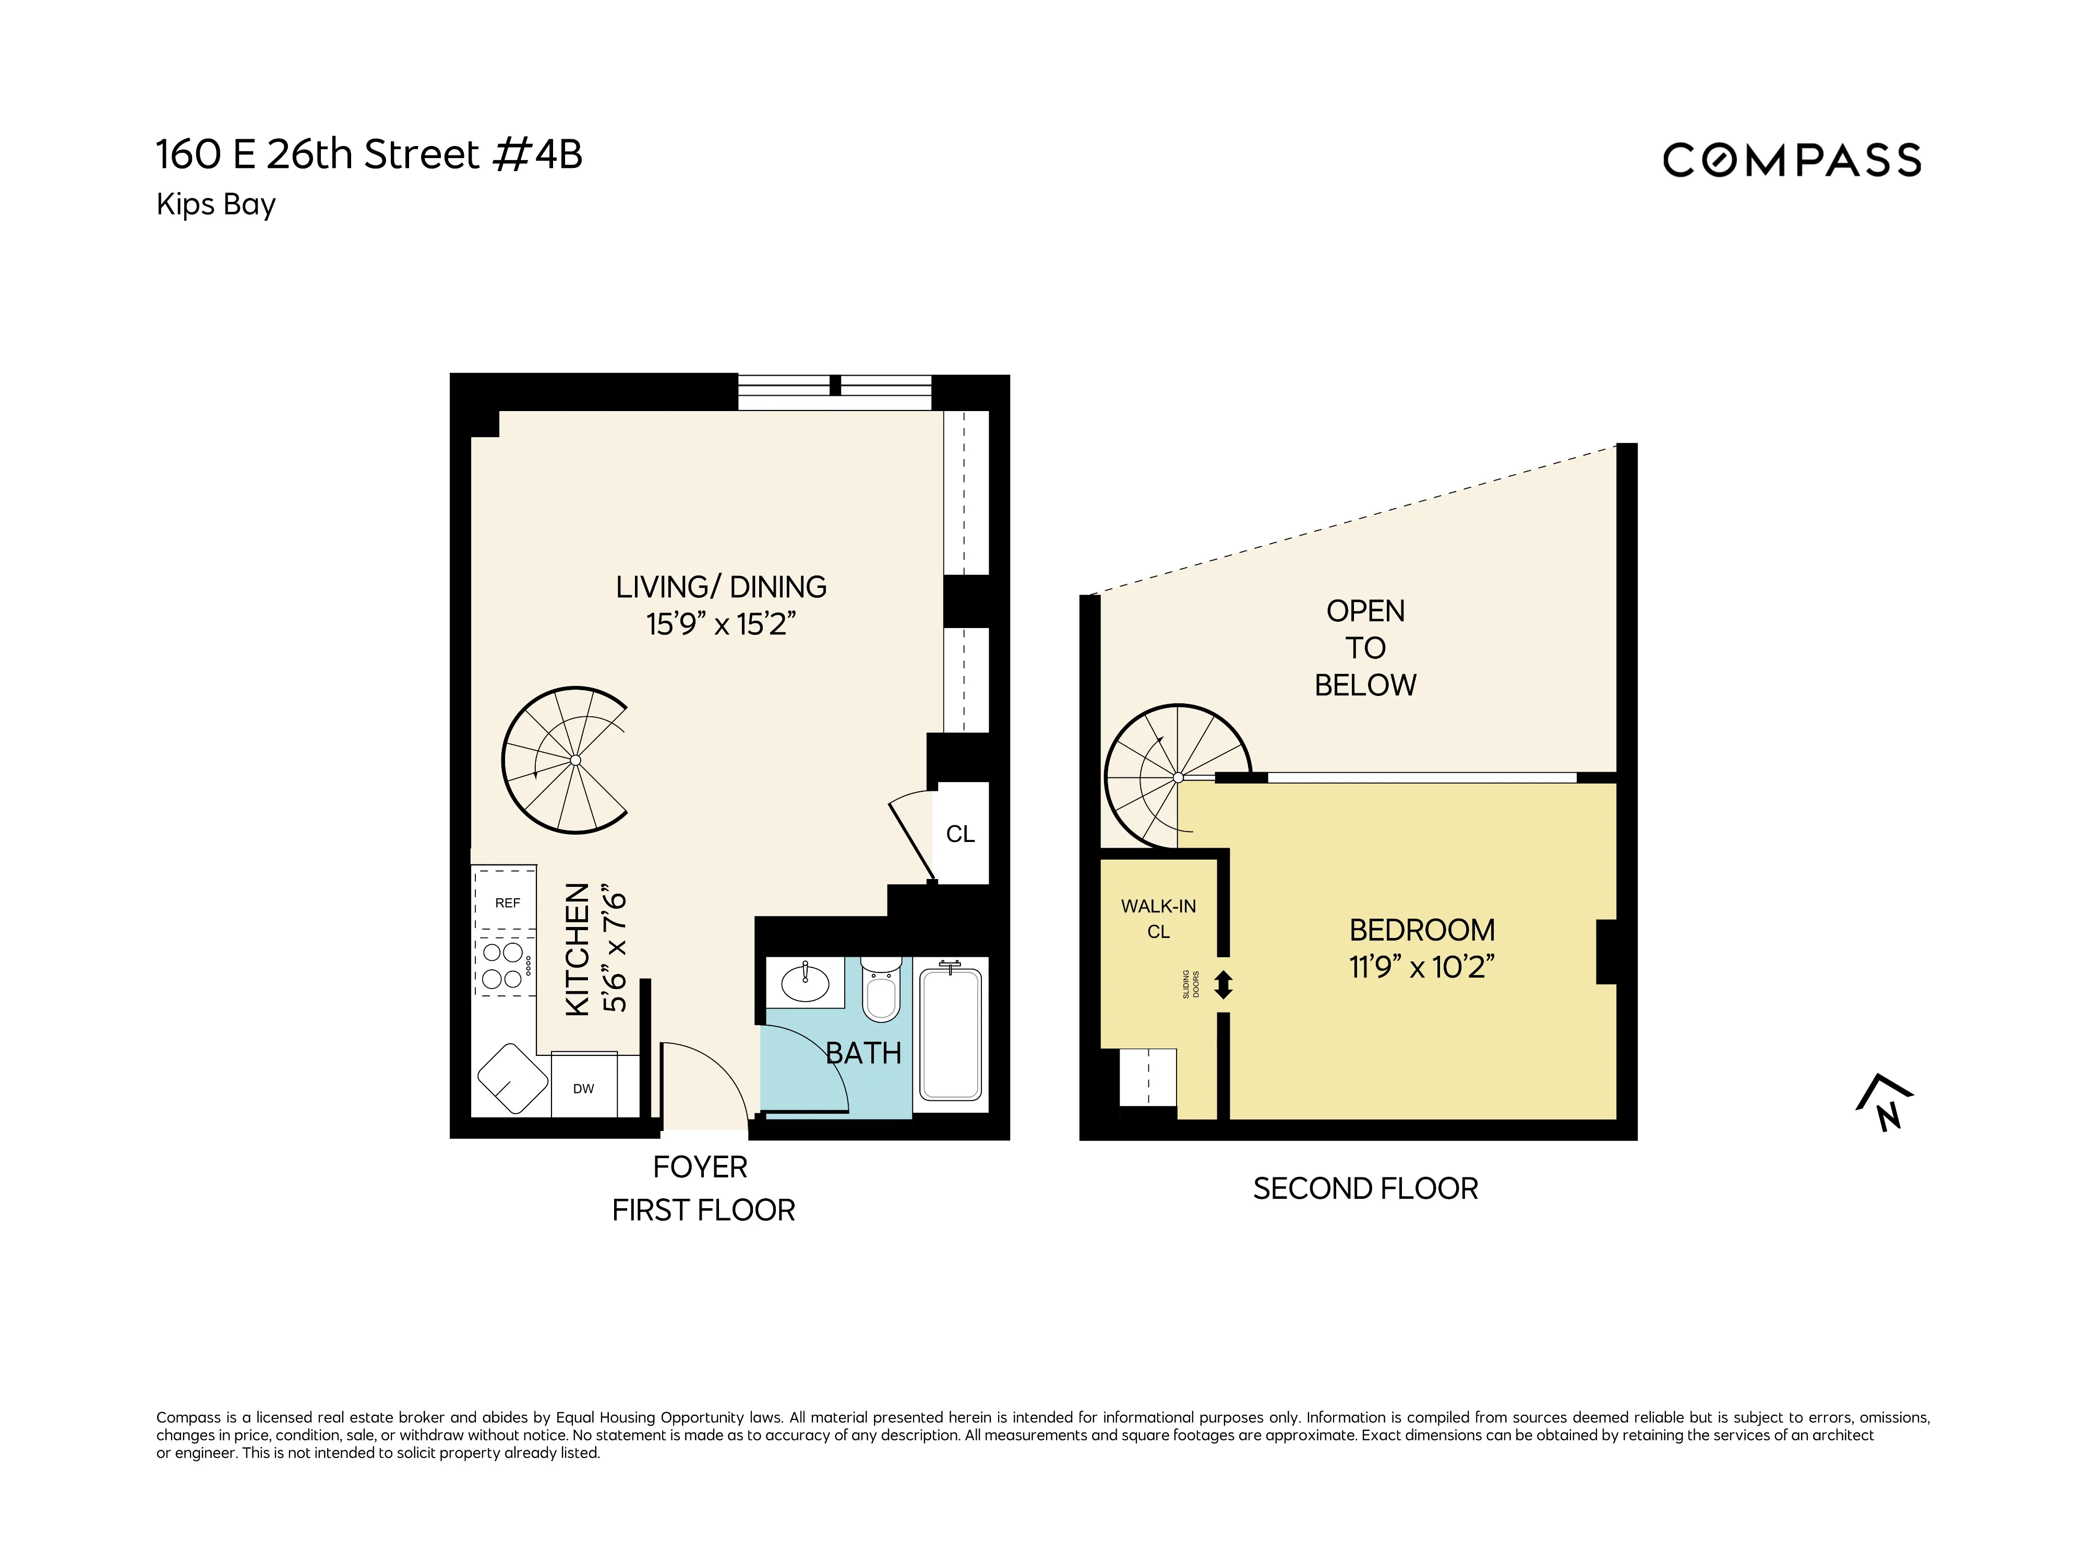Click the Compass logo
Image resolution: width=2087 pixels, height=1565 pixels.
[1791, 160]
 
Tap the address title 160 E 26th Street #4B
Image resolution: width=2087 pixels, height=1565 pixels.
[369, 155]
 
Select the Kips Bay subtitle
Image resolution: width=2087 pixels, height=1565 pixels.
[216, 204]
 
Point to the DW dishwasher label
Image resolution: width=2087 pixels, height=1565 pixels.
[583, 1089]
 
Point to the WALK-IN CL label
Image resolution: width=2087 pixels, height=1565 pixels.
[1159, 918]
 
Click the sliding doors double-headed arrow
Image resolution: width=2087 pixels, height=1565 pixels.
[1224, 985]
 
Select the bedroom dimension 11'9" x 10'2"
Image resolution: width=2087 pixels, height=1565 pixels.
[1421, 968]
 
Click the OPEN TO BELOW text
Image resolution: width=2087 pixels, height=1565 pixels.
[1365, 648]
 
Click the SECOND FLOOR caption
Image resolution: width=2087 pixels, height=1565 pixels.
[1365, 1188]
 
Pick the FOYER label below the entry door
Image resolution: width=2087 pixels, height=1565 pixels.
[700, 1167]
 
